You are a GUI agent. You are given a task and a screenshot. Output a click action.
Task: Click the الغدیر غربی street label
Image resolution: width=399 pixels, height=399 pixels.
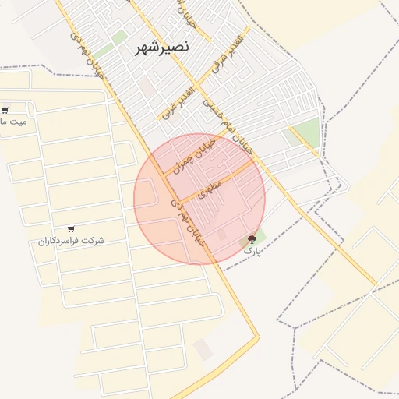coord(178,101)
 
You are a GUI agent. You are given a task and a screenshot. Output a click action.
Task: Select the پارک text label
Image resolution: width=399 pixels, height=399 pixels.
coord(252,252)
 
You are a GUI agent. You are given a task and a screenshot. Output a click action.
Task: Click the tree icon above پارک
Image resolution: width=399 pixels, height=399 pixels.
coord(252,239)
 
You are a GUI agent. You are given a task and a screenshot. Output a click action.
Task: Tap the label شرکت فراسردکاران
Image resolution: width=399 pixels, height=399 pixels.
coord(71,241)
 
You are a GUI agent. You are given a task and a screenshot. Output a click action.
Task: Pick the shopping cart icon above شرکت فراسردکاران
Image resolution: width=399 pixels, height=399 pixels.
coord(71,229)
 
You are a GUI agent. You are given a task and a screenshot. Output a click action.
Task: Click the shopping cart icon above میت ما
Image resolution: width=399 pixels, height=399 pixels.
coord(5,110)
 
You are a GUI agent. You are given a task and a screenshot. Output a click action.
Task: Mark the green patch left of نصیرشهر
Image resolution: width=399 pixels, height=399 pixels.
coord(118,37)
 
